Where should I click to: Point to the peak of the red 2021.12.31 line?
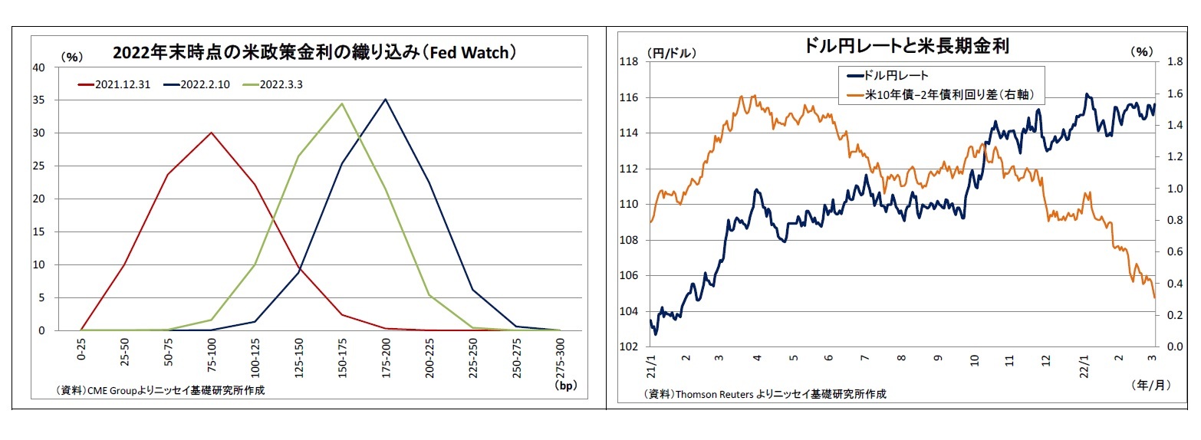coord(211,133)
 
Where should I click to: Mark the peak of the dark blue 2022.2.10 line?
coord(385,99)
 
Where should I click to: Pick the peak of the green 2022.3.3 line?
coord(341,103)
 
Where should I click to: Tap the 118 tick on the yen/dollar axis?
coord(633,62)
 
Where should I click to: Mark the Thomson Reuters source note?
coord(765,394)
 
